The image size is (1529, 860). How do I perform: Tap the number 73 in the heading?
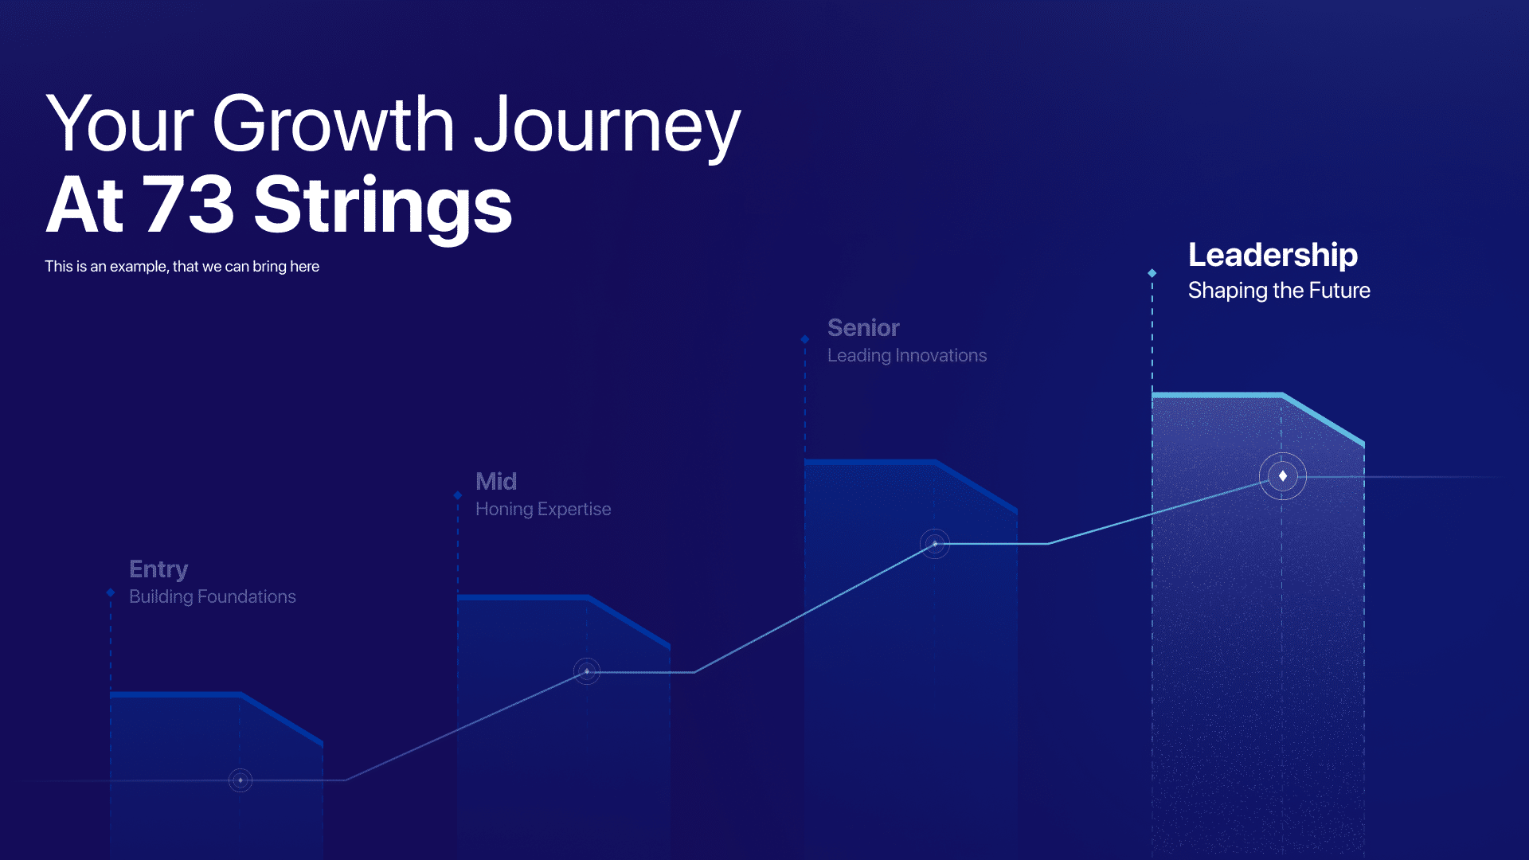point(189,205)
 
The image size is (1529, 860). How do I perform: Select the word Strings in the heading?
point(383,209)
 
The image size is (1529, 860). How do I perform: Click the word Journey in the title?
point(608,127)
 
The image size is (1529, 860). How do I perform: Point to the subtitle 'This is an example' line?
point(182,266)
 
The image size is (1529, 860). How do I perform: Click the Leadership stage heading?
point(1273,256)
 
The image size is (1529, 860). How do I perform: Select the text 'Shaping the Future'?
point(1279,291)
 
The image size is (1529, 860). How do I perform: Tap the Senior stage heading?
point(863,327)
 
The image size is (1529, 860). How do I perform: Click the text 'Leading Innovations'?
point(907,355)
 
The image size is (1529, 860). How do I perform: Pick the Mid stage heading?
point(496,481)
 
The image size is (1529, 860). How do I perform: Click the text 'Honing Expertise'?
point(543,509)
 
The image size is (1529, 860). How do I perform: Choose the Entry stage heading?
point(158,569)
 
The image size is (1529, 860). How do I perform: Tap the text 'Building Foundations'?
point(213,596)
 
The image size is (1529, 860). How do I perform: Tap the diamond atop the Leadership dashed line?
point(1152,273)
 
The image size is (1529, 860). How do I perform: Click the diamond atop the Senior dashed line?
point(805,339)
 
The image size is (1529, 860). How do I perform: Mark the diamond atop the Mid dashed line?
point(458,495)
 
